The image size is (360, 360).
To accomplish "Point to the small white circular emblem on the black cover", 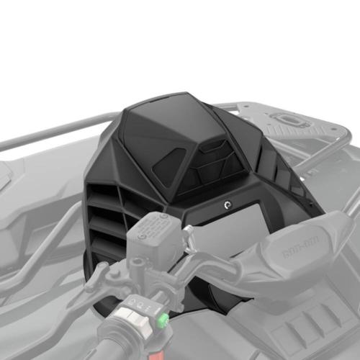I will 228,204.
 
